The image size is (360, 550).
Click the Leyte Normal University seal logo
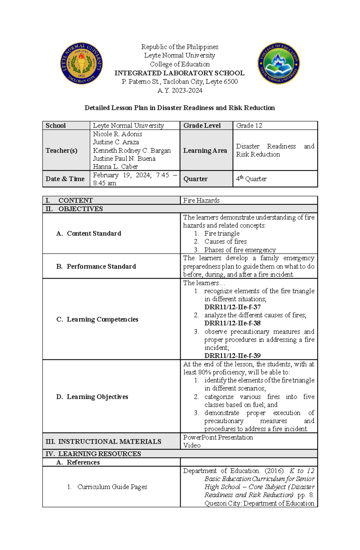(82, 63)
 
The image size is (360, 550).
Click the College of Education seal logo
(278, 63)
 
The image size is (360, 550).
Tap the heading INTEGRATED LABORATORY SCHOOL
(179, 73)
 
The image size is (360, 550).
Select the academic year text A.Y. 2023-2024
(180, 91)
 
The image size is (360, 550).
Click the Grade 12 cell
(249, 126)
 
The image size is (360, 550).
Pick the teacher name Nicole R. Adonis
(118, 134)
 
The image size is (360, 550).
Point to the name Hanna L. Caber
(115, 167)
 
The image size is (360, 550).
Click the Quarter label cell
(195, 179)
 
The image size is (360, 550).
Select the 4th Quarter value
(251, 179)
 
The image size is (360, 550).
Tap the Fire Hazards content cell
(201, 200)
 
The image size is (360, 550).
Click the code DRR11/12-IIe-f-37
(232, 307)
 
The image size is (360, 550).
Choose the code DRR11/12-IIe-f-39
(232, 356)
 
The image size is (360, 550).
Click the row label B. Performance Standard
(96, 266)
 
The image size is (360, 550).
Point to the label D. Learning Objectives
(92, 397)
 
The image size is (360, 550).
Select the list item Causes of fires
(225, 242)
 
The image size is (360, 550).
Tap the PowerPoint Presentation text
(218, 437)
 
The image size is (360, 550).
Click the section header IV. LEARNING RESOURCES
(93, 454)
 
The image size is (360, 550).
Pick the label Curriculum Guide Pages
(112, 487)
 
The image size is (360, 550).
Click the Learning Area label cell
(205, 150)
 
